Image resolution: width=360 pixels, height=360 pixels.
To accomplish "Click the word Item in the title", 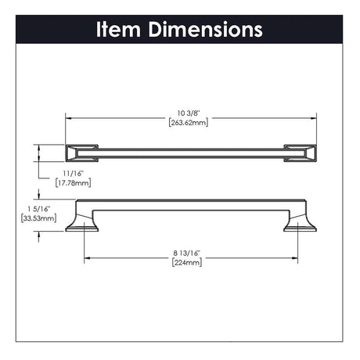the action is [x=119, y=29].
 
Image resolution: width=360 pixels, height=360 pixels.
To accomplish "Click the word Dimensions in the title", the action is [x=206, y=29].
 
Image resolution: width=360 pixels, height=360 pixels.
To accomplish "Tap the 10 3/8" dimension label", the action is [x=189, y=113].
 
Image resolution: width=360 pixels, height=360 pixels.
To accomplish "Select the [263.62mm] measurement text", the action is [x=189, y=122].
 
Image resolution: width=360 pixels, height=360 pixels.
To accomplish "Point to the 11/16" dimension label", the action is [x=73, y=174].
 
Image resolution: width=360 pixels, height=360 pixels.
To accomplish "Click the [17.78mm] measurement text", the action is [x=73, y=182].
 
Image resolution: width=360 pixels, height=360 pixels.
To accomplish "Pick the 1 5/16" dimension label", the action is [x=38, y=209].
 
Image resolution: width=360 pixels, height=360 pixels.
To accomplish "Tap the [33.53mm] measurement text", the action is [x=38, y=218].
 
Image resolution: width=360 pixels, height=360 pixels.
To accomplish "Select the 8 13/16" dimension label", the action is [x=187, y=253].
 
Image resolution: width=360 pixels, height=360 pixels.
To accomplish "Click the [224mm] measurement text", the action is [x=187, y=262].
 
